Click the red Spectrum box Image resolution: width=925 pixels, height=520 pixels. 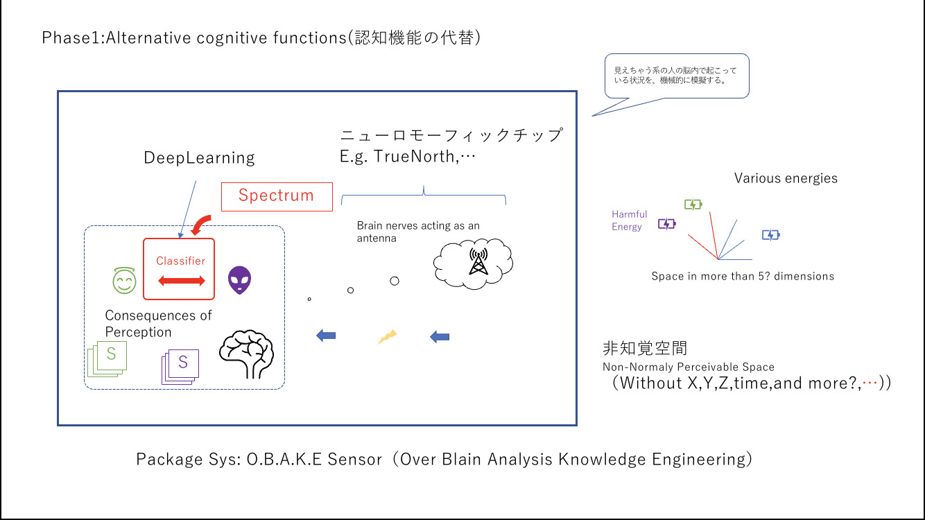[276, 196]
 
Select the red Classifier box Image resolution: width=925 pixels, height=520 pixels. [179, 269]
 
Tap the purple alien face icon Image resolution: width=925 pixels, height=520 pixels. [240, 279]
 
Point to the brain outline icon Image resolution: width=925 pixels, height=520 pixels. [246, 351]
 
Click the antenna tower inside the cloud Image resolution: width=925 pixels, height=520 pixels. [477, 261]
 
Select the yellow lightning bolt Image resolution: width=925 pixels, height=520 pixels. [387, 337]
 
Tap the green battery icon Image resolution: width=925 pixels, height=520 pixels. [693, 204]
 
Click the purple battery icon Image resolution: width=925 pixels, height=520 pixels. [666, 223]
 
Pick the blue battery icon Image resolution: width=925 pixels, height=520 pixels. [770, 235]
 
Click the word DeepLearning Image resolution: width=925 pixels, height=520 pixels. [199, 158]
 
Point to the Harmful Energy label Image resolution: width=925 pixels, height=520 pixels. [629, 220]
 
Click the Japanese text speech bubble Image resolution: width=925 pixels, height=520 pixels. [677, 76]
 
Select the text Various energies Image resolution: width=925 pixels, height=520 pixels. [786, 178]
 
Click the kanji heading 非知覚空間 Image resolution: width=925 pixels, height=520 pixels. [645, 349]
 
